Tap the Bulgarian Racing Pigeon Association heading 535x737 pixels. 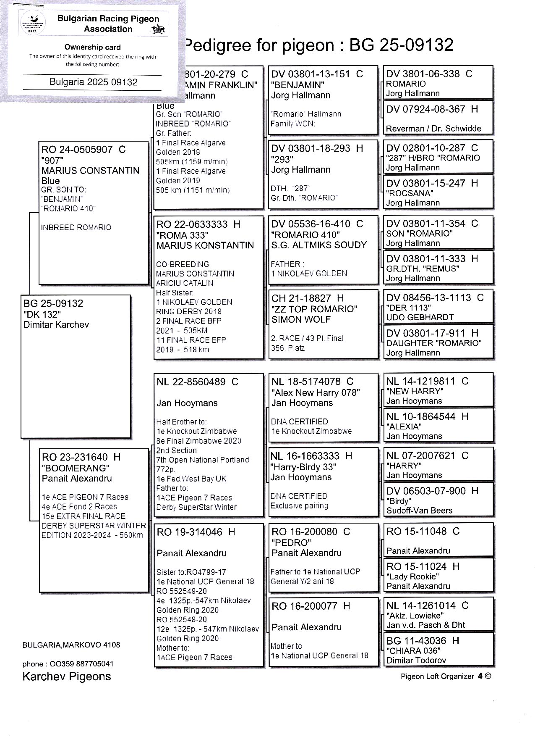(108, 24)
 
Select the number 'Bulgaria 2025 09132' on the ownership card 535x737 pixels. (93, 82)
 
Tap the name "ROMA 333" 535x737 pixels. (182, 235)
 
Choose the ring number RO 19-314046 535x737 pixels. (189, 532)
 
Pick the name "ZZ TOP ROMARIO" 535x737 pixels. (314, 309)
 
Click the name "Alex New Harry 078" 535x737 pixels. (316, 392)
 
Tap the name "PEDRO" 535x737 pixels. (291, 542)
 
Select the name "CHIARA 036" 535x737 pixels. (413, 650)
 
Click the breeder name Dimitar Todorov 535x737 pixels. (416, 660)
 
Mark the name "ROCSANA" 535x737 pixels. (410, 193)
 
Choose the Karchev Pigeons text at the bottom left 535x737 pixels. (67, 676)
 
